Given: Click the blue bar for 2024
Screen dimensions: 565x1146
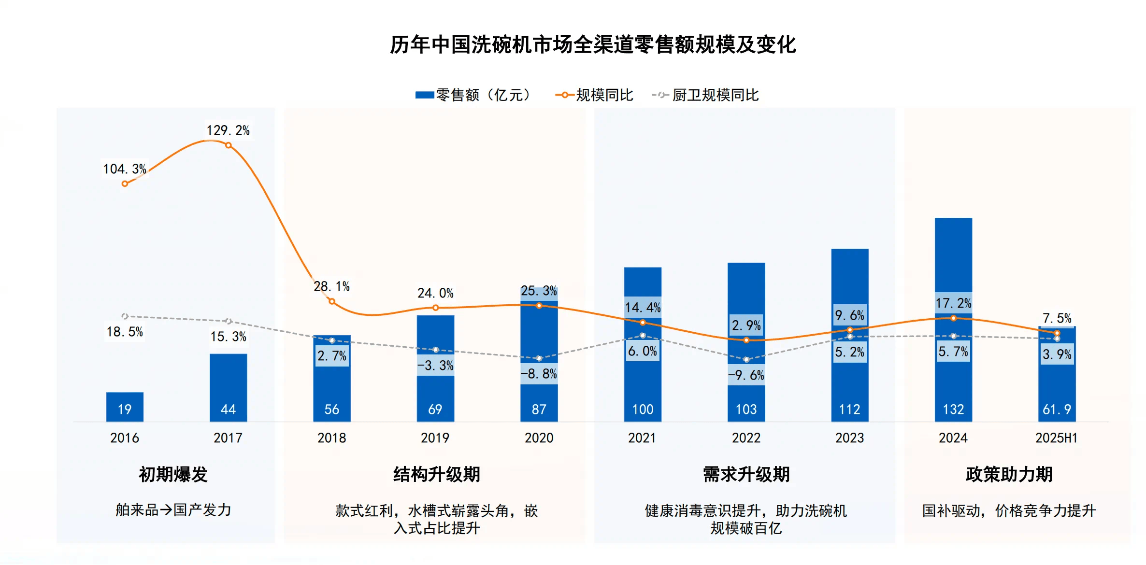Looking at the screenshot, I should (953, 261).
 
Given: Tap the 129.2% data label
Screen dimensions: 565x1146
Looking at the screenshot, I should (228, 130).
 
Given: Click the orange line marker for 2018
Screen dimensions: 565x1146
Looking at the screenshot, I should (332, 301).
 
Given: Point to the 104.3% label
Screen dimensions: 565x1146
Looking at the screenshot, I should (125, 169).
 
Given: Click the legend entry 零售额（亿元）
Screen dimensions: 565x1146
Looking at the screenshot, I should (473, 95).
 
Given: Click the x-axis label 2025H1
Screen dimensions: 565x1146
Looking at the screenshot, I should (1056, 438).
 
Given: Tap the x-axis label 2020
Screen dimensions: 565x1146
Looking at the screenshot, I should (539, 438).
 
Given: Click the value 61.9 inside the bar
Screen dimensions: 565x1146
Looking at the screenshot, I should (1057, 410).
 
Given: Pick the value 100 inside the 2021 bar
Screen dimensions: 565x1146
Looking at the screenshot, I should (643, 410).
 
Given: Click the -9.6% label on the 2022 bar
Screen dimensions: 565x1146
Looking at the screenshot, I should (746, 375).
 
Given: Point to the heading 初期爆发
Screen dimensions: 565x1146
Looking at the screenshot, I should (173, 474).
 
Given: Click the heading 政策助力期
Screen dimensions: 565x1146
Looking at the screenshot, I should (1009, 474).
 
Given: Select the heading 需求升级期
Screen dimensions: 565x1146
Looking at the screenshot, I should (746, 474).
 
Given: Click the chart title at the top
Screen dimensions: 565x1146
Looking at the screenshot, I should (592, 44).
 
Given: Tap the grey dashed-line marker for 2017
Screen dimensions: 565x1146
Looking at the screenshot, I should (229, 321).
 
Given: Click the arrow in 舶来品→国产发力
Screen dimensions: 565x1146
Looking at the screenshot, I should (166, 510).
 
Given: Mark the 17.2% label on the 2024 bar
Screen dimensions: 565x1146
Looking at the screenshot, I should (953, 303).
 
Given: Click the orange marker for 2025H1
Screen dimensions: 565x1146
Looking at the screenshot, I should (1057, 333).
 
